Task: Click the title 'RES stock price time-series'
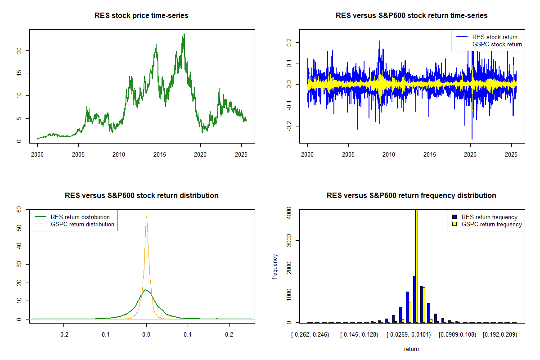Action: (141, 16)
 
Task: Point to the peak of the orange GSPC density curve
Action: (146, 216)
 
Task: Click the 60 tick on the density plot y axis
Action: (18, 210)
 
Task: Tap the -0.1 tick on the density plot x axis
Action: (105, 335)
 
